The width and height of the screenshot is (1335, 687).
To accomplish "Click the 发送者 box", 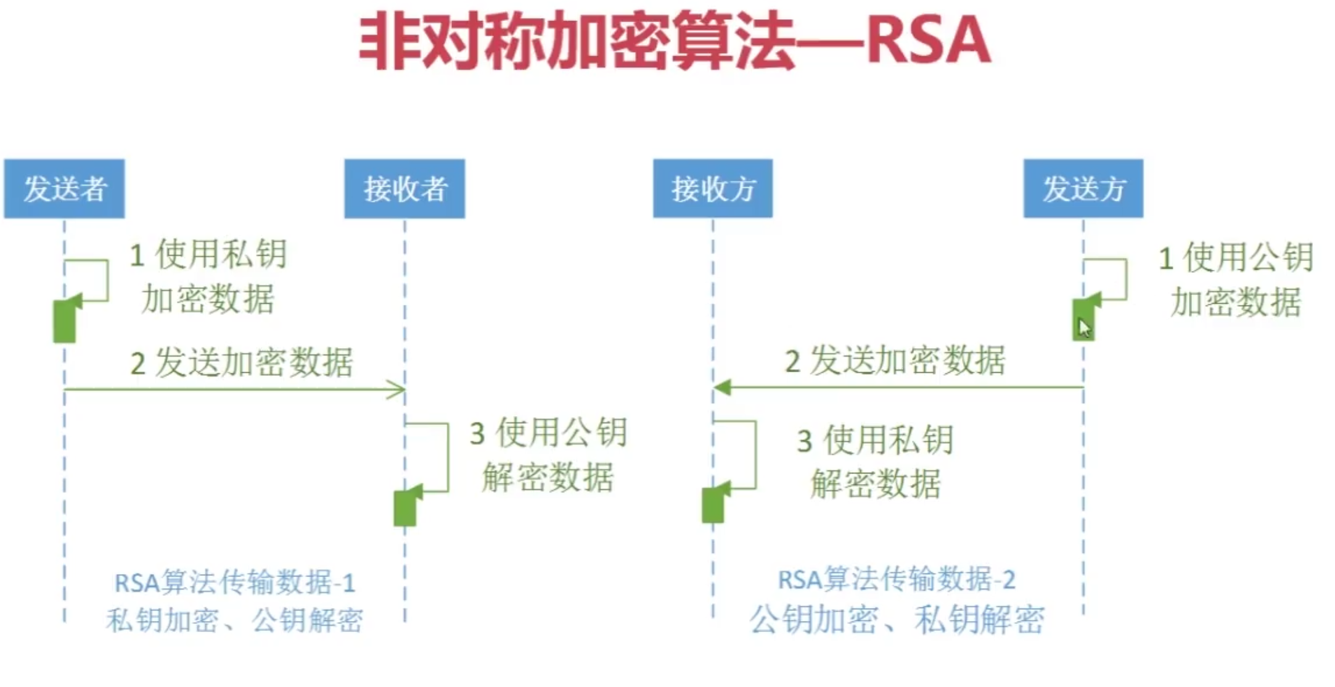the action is [x=64, y=189].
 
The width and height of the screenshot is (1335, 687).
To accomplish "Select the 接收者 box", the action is [x=405, y=189].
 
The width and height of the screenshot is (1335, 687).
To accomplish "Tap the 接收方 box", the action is [x=713, y=189].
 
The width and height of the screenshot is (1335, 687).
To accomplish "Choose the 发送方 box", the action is [x=1083, y=189].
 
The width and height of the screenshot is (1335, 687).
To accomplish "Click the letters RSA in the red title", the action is [x=928, y=41].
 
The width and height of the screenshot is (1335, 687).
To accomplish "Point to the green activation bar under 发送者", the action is [x=65, y=321].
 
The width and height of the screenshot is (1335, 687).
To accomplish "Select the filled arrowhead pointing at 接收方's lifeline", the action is [x=722, y=388].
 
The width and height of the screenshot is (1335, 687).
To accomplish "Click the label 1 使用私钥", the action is [x=208, y=254].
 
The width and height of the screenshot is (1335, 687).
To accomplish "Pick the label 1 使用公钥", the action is [x=1236, y=257].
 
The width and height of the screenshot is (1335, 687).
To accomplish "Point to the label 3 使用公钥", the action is [x=549, y=432].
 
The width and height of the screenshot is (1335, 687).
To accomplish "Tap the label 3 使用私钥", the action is [x=876, y=440].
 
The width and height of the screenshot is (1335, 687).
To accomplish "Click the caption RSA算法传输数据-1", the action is [x=235, y=582].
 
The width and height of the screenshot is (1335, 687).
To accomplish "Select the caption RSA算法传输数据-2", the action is [x=897, y=579].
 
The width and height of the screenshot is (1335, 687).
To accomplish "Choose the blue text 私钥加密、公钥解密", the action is [x=234, y=620].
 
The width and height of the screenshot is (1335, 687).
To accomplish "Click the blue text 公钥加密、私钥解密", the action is [x=897, y=618].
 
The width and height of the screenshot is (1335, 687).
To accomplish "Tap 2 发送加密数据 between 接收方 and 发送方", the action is [x=895, y=360].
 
